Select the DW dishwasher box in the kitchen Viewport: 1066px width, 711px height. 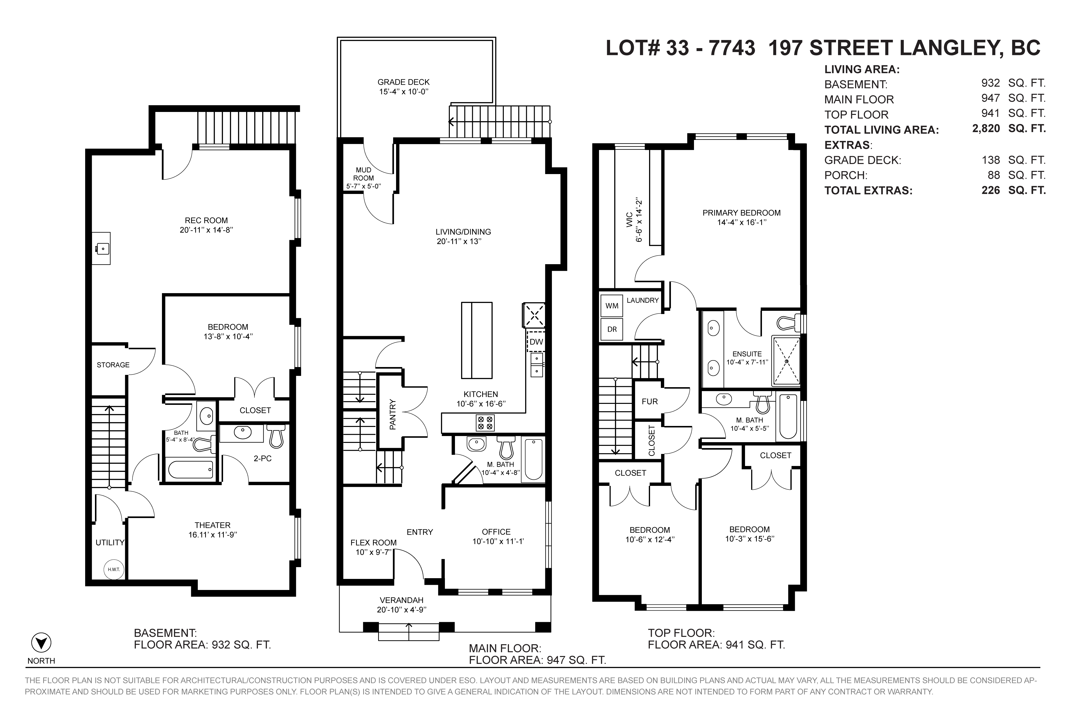[x=536, y=342]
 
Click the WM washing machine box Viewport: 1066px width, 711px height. [x=612, y=306]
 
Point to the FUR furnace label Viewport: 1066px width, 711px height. [x=650, y=401]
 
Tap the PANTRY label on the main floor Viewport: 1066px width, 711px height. [x=392, y=414]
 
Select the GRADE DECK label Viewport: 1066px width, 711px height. [x=403, y=82]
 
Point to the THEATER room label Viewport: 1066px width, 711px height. [x=213, y=525]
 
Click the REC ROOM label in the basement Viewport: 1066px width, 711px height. [x=206, y=220]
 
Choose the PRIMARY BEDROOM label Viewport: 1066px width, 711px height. [x=742, y=213]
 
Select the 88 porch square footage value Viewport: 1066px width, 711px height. [x=994, y=175]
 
